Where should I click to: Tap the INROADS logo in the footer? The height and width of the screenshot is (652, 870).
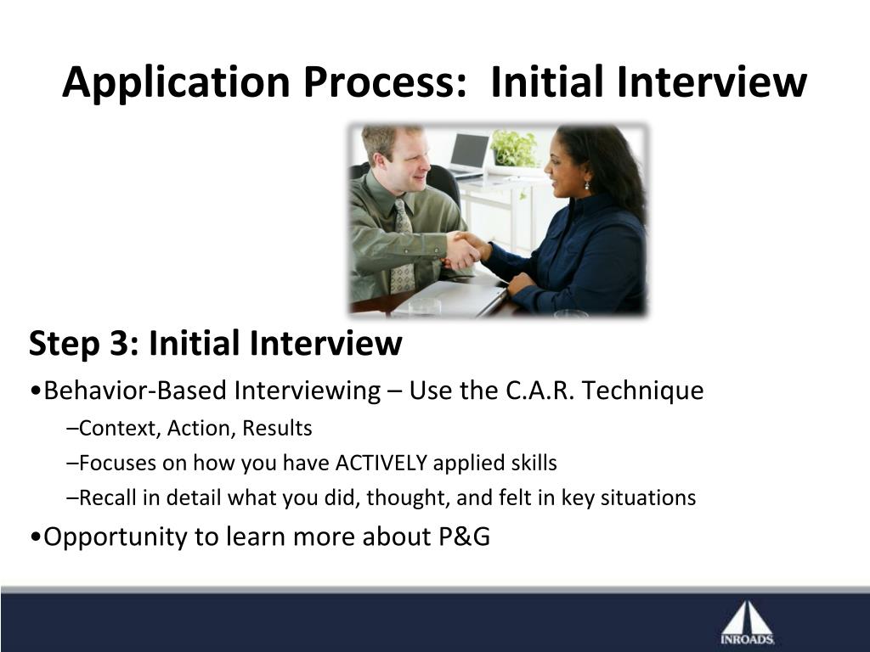[748, 624]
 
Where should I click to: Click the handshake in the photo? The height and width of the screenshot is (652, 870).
[467, 250]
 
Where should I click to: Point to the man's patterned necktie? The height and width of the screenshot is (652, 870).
[402, 247]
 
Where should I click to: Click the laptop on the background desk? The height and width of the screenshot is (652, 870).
[467, 155]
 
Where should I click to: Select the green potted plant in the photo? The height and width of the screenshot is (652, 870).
[514, 148]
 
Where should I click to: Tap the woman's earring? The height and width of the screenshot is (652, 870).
[586, 185]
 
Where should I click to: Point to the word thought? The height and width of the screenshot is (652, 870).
[407, 497]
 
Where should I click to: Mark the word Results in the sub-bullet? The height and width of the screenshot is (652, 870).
[278, 429]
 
